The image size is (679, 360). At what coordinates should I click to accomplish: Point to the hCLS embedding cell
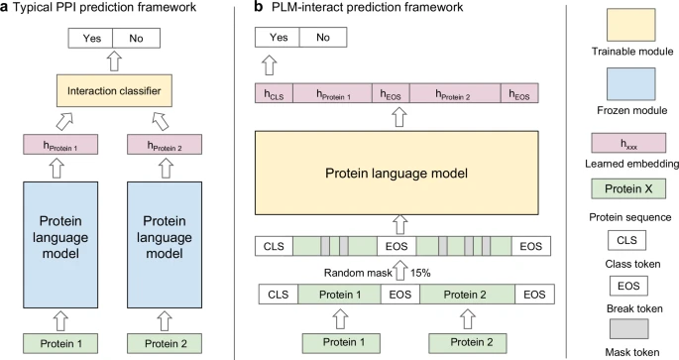tap(274, 95)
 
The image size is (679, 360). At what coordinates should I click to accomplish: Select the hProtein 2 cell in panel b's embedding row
tap(454, 95)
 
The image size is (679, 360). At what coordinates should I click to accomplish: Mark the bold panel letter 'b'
tap(259, 8)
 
